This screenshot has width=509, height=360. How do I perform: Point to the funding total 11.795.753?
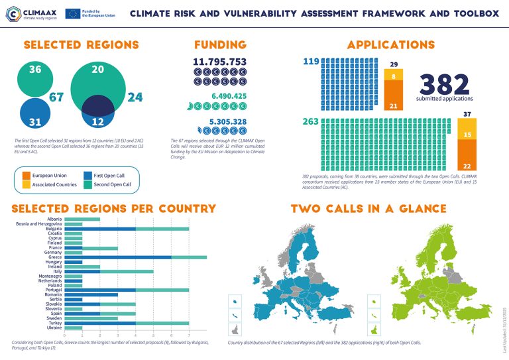coord(219,62)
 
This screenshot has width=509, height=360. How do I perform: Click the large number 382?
coord(445,84)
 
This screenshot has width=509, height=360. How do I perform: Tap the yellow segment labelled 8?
coord(394,77)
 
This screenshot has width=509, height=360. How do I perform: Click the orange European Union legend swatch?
coord(27,176)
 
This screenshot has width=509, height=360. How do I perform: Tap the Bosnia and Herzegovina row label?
coord(40,224)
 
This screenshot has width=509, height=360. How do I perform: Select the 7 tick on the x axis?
coord(190,335)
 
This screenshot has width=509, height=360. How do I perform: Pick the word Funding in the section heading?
coord(220,45)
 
